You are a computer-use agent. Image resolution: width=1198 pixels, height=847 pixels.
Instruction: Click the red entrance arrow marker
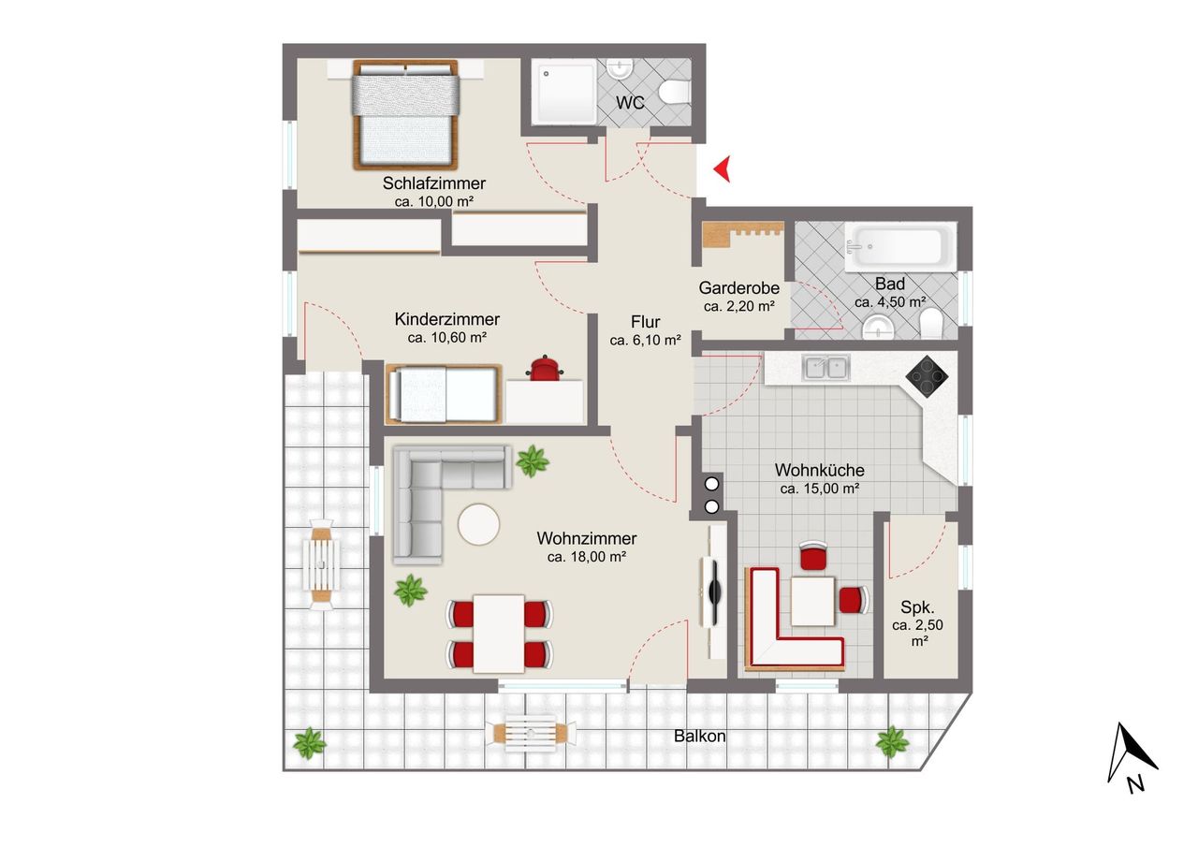pos(723,169)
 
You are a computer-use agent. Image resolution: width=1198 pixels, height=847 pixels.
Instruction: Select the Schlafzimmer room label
pos(433,183)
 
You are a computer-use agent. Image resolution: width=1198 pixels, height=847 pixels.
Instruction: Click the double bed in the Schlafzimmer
pos(405,114)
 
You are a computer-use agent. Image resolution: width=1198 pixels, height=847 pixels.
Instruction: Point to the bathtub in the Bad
pos(898,247)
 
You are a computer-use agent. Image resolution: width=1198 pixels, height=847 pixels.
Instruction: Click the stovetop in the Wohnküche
pos(927,377)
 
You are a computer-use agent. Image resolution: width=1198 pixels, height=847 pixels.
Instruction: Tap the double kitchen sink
pos(826,368)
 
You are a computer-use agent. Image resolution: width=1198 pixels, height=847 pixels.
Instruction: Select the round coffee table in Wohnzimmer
pos(478,524)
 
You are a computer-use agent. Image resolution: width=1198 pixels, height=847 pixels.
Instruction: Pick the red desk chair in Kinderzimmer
pos(545,369)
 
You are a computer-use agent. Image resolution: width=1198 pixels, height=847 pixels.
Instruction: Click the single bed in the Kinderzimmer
pos(444,394)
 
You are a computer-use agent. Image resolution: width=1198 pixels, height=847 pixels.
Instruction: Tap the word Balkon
pos(699,736)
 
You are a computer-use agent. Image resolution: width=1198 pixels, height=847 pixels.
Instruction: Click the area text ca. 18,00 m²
pos(587,557)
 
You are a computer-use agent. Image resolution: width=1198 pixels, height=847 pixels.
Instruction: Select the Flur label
pos(645,322)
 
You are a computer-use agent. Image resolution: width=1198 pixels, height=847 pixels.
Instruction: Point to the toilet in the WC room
pos(675,92)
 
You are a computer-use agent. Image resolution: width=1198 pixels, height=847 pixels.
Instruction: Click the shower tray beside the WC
pos(564,92)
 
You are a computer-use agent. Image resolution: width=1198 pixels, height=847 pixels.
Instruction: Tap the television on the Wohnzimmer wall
pos(713,591)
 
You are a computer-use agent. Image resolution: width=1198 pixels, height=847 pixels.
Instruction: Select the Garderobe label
pos(738,288)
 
